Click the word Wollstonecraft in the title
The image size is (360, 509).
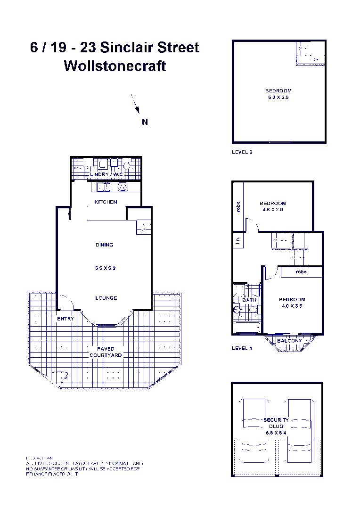pos(115,66)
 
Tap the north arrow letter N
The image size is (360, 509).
pos(145,122)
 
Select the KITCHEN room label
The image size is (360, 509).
pos(106,202)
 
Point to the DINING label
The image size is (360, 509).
pos(104,245)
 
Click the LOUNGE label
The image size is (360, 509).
pos(106,298)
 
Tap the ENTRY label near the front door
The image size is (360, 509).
pos(65,319)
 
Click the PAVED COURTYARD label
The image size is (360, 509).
pos(106,352)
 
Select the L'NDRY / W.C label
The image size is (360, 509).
pos(106,175)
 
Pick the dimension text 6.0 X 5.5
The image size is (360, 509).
pos(278,98)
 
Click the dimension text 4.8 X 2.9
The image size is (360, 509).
pos(273,210)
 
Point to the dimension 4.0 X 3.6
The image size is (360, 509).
pos(292,306)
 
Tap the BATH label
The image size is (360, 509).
pos(249,300)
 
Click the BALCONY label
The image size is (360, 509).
pos(289,341)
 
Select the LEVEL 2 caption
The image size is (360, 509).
pos(242,152)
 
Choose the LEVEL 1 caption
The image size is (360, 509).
pos(242,349)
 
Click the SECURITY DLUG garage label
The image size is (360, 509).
pos(276,423)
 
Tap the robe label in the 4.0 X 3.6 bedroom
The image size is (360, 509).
pos(301,272)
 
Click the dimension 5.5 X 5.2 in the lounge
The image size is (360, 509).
pos(104,268)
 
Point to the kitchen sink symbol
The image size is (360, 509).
pos(103,187)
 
